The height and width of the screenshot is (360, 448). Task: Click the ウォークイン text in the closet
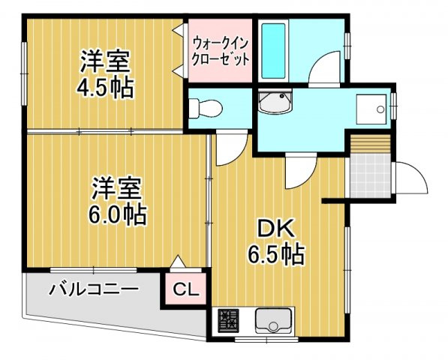(x=220, y=42)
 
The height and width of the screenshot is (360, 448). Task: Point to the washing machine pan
(x=370, y=108)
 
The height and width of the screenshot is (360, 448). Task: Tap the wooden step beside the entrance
(x=371, y=142)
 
